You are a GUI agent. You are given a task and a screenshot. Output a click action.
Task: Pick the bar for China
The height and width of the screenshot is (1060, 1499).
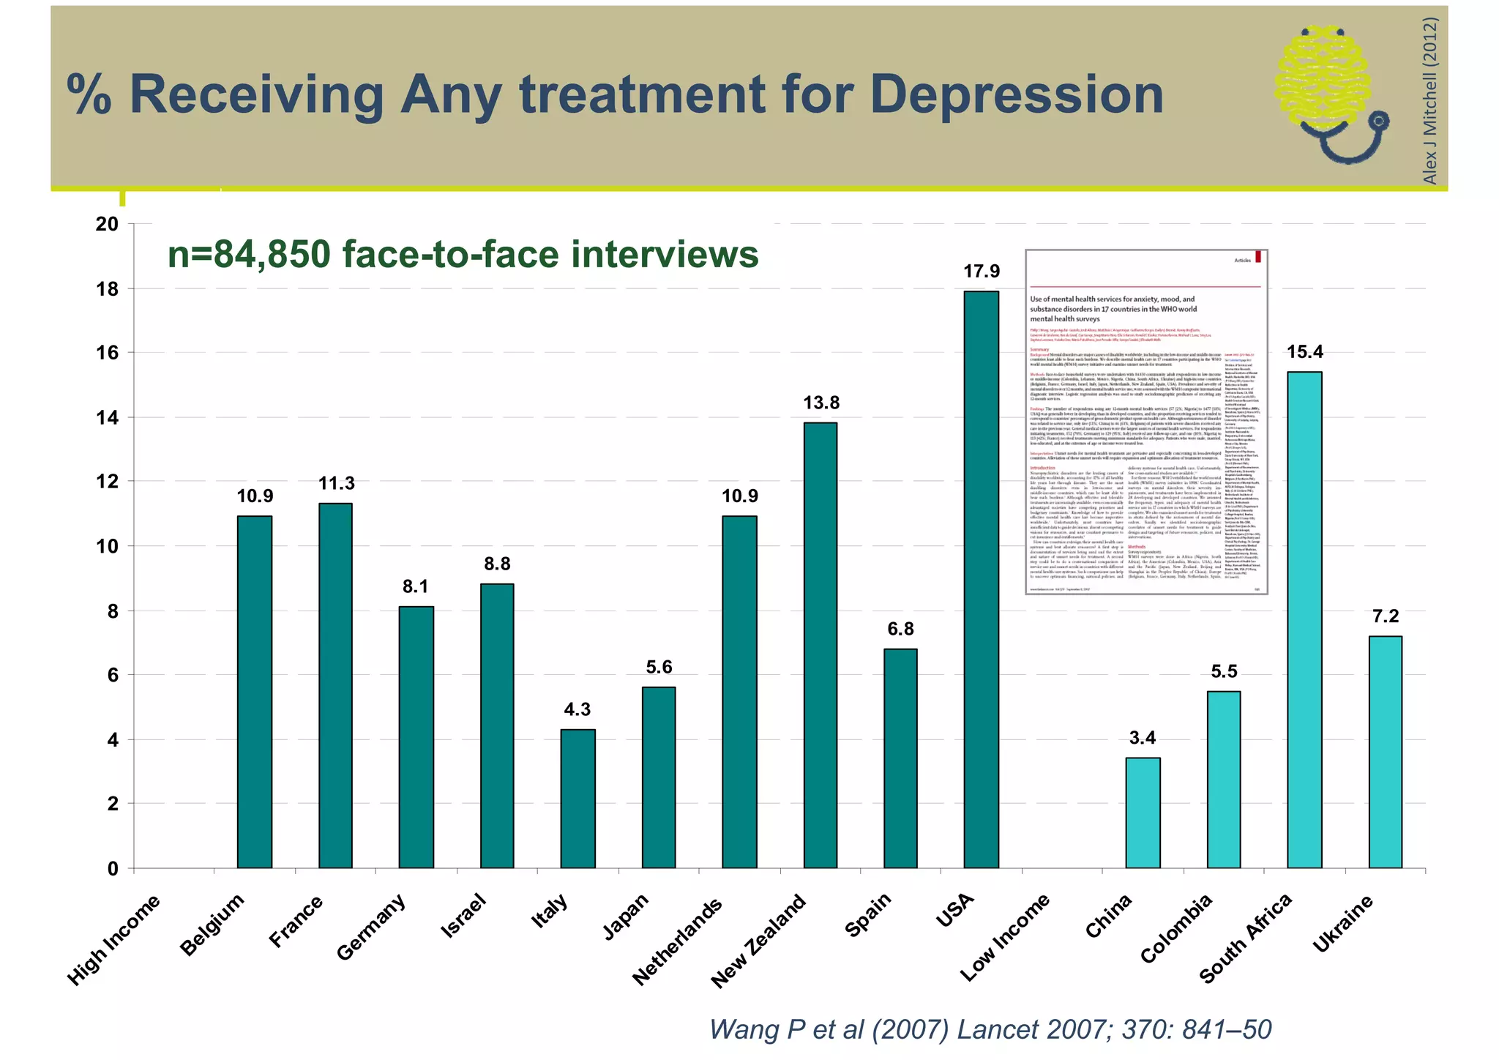pos(1143,813)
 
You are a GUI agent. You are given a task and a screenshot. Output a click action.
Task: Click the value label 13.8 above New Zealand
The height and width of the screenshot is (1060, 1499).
pos(820,403)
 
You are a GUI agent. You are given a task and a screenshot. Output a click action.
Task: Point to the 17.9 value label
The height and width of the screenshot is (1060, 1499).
pos(981,272)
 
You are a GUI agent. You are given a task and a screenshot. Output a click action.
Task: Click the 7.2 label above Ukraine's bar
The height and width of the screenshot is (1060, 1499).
pos(1385,616)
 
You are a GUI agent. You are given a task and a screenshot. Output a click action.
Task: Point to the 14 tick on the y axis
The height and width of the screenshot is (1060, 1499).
pos(108,417)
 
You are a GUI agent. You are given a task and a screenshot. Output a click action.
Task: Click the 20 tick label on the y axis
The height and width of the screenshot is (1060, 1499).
pos(108,224)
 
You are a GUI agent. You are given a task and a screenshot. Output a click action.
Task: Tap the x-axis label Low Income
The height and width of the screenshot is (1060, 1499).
pos(1005,937)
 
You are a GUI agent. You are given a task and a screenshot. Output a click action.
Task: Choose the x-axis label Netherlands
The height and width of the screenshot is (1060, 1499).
pos(678,940)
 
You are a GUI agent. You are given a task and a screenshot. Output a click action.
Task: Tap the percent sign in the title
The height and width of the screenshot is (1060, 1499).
pos(89,95)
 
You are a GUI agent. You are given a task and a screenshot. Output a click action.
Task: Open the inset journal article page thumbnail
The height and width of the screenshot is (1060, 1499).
pos(1145,422)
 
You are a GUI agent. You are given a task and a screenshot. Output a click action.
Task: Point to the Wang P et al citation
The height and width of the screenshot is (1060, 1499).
pos(990,1029)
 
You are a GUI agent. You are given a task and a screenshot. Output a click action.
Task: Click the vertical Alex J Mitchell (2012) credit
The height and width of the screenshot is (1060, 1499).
pos(1429,100)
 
